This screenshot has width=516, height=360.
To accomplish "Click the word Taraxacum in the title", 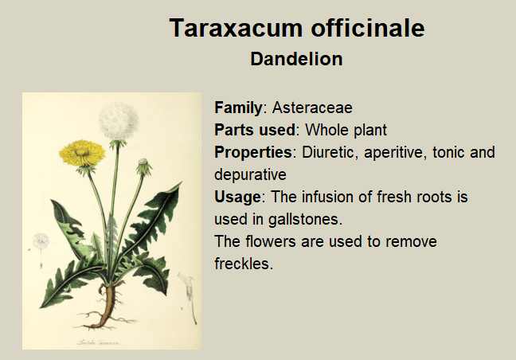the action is (236, 28).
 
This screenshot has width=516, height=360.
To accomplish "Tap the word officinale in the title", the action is (368, 27).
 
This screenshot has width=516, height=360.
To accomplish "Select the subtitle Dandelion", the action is (296, 59).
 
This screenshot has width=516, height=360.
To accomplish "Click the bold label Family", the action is (238, 108).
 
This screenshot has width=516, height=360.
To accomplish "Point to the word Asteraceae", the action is (312, 108).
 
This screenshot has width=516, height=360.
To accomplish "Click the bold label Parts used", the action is (255, 130).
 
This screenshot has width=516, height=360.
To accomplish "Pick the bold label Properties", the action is (253, 152).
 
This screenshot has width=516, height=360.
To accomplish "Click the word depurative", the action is (250, 174).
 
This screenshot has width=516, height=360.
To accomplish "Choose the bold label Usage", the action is (237, 197).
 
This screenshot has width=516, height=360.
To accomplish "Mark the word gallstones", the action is (306, 219).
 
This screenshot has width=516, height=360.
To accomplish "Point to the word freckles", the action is (244, 264).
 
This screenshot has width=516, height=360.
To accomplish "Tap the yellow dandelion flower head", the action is (82, 154).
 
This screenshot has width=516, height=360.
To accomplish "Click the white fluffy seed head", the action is (119, 121).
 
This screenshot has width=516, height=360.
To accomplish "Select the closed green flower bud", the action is (144, 167).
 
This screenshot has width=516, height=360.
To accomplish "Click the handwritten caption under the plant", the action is (99, 342).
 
